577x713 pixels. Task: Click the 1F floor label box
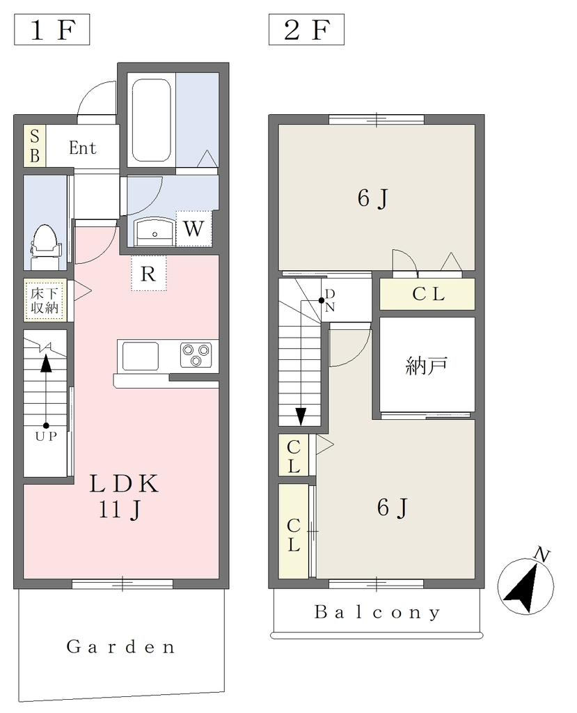coord(52,30)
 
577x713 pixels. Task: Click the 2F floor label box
coord(306,30)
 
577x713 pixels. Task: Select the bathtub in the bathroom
coord(152,121)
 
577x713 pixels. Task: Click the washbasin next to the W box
coord(155,231)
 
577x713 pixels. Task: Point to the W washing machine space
coord(193,228)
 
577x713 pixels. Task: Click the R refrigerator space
coord(149,273)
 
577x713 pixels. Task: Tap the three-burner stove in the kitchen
coord(196,354)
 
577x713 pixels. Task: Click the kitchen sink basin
coord(141,356)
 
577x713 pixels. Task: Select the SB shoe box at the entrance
coord(35,146)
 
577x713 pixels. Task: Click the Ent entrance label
coord(83,148)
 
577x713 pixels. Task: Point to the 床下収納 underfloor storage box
coord(45,300)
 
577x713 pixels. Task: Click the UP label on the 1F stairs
coord(47,436)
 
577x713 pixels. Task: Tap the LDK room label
coord(124,484)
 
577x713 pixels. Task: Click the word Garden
coord(120,647)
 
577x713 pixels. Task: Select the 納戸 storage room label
coord(427,366)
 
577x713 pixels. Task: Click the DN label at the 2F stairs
coord(330,301)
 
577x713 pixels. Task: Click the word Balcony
coord(377,613)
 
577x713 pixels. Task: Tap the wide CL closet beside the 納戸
coord(427,295)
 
